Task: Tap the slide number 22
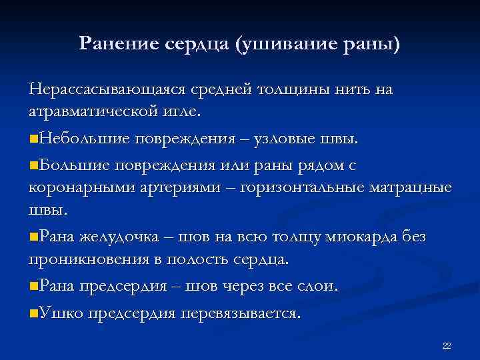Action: [447, 345]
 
